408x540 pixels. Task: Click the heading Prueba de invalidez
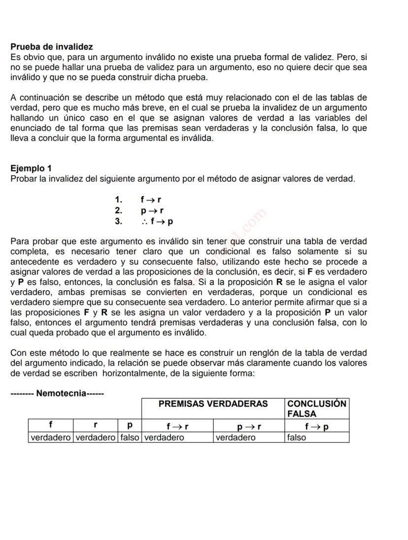[x=52, y=47]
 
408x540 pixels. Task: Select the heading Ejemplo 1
[x=31, y=169]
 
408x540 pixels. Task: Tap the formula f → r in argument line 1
[x=151, y=200]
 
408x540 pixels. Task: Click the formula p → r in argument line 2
[x=152, y=210]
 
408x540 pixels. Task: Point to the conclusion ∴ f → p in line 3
[x=157, y=221]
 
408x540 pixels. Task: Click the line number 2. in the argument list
[x=118, y=210]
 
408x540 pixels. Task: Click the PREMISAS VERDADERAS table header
[x=213, y=404]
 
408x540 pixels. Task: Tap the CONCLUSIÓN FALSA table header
[x=316, y=408]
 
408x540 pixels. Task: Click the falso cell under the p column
[x=130, y=437]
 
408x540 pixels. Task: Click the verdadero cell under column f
[x=51, y=437]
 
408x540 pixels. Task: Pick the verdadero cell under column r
[x=96, y=437]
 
